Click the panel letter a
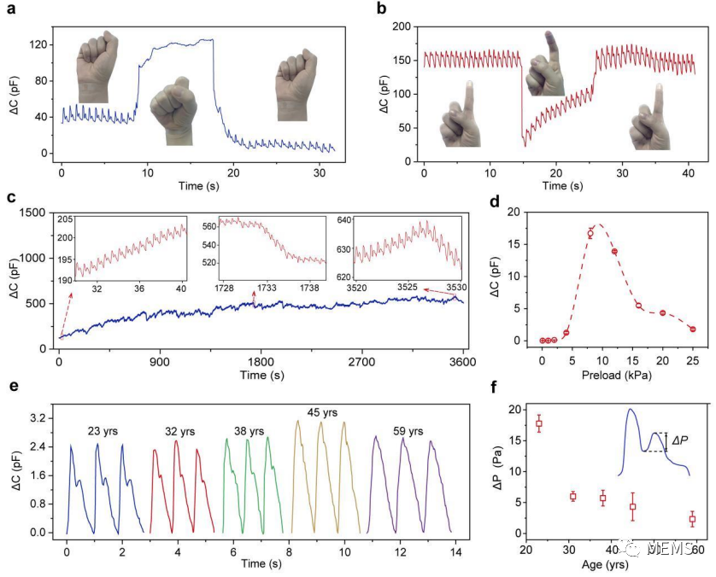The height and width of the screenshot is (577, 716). click(x=13, y=10)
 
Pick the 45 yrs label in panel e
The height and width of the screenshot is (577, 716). click(x=320, y=413)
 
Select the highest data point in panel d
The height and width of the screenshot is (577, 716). click(x=590, y=233)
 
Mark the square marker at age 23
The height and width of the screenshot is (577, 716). click(x=539, y=423)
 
